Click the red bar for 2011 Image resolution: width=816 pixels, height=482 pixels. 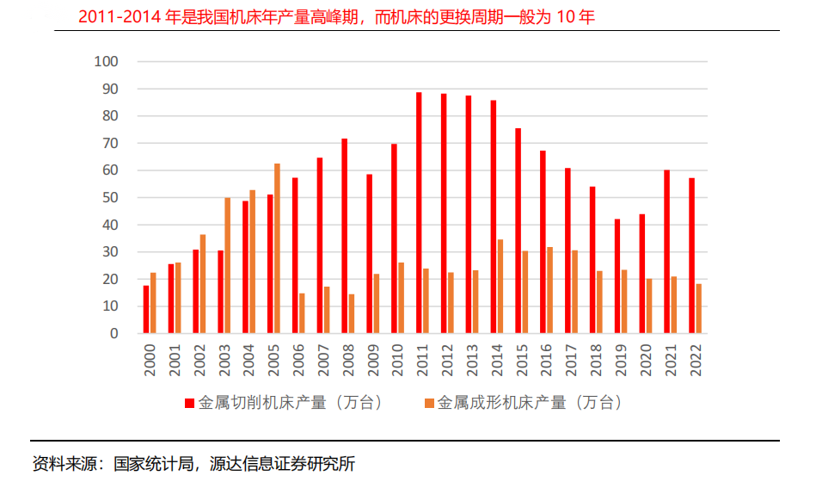(x=419, y=213)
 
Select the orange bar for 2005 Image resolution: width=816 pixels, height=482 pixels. (x=277, y=248)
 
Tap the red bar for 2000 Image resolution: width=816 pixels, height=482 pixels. (x=146, y=309)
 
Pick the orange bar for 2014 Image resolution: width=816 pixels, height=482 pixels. (x=500, y=286)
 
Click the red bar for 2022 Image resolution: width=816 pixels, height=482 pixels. (x=691, y=256)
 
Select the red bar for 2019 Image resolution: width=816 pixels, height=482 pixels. (x=617, y=275)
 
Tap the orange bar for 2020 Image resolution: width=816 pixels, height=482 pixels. (x=649, y=306)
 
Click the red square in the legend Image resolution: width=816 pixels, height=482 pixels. (x=189, y=403)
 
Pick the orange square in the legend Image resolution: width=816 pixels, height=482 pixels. (x=428, y=403)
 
